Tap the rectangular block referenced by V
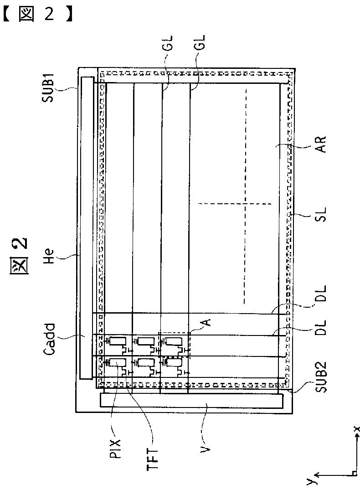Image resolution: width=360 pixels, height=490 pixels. [x=190, y=401]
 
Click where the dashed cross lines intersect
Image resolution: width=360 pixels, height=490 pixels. [x=245, y=204]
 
